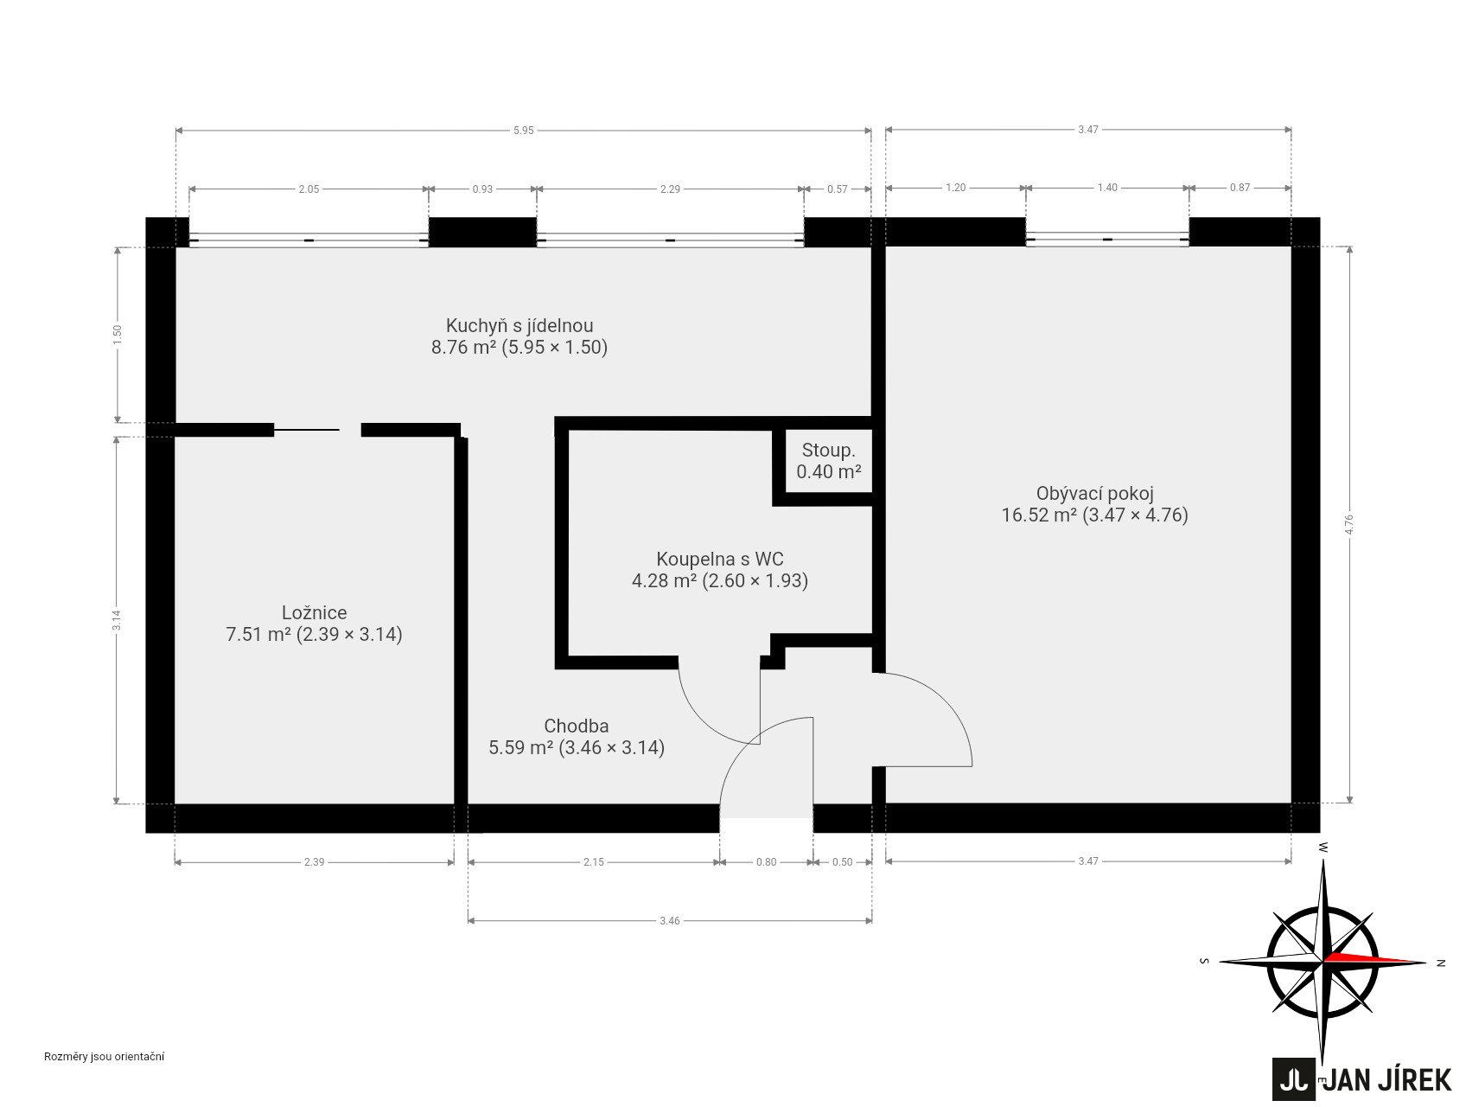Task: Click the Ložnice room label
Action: pos(314,612)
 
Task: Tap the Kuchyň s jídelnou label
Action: pos(519,326)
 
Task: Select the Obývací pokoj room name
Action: pos(1094,494)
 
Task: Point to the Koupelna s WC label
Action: pos(719,559)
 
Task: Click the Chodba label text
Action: pos(577,726)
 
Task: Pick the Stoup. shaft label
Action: pos(828,451)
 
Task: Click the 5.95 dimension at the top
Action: pos(523,131)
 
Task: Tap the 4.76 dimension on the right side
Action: pos(1349,525)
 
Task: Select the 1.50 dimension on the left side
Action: pos(118,335)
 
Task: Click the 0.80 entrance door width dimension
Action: pos(766,861)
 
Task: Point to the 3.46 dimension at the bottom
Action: pos(669,921)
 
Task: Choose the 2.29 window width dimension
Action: pos(670,189)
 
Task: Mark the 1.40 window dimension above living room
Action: pos(1107,188)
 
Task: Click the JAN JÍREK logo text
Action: pos(1388,1080)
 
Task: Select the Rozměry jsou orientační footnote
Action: pos(105,1056)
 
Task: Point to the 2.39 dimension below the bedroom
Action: pos(314,861)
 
